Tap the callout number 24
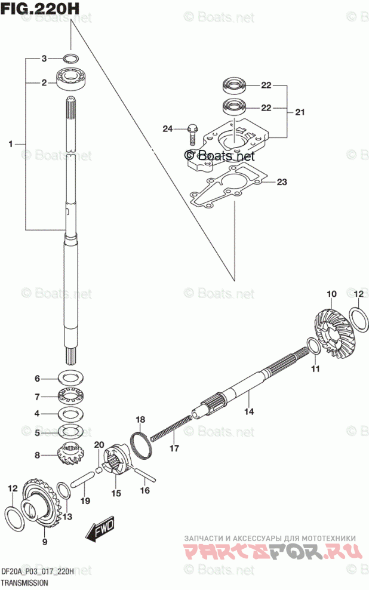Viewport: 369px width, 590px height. tap(168, 128)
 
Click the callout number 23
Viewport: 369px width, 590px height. tap(282, 182)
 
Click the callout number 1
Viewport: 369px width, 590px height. tap(11, 143)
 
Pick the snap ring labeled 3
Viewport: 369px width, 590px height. tap(70, 58)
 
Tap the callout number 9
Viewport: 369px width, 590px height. tap(44, 541)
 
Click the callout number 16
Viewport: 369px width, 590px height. tap(144, 490)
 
